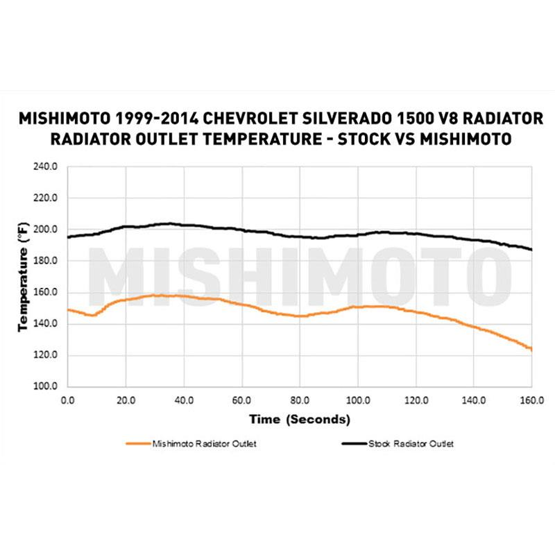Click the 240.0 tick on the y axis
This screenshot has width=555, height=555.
(x=46, y=167)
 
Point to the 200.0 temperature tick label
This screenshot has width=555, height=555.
(x=46, y=230)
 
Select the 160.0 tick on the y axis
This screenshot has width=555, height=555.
(x=46, y=292)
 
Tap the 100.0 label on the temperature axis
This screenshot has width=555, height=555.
(x=46, y=386)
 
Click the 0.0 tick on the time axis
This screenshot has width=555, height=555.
(x=67, y=400)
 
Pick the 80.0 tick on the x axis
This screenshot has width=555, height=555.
(x=299, y=400)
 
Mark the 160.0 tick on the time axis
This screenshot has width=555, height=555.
(x=531, y=400)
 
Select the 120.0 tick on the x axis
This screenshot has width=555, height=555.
(x=415, y=400)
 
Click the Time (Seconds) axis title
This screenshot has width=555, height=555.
(x=300, y=420)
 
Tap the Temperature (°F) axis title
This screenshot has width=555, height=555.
(x=22, y=276)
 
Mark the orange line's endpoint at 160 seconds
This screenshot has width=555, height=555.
(x=531, y=349)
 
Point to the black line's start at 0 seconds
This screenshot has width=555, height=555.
(x=68, y=237)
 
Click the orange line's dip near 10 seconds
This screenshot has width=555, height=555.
(x=92, y=316)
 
